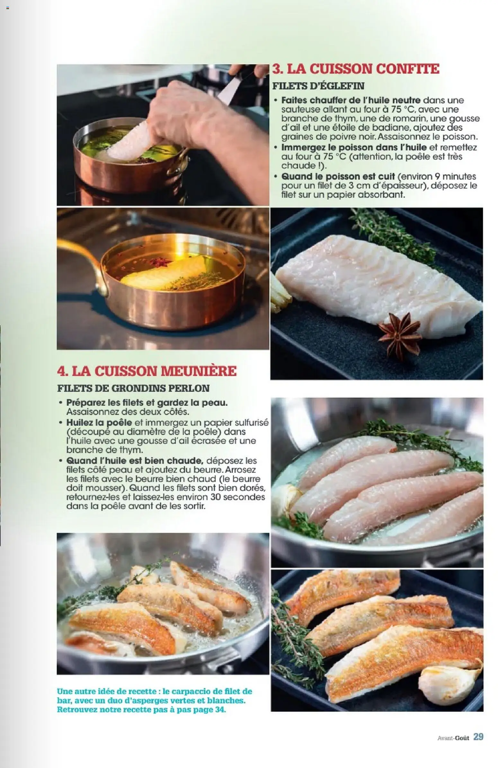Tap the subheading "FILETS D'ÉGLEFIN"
(x=318, y=86)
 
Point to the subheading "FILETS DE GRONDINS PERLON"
(x=133, y=389)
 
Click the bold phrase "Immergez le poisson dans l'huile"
(x=354, y=148)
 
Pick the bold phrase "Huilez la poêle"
(x=99, y=422)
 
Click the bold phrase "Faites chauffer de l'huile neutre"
(x=351, y=100)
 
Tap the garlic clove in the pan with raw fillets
(x=285, y=497)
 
